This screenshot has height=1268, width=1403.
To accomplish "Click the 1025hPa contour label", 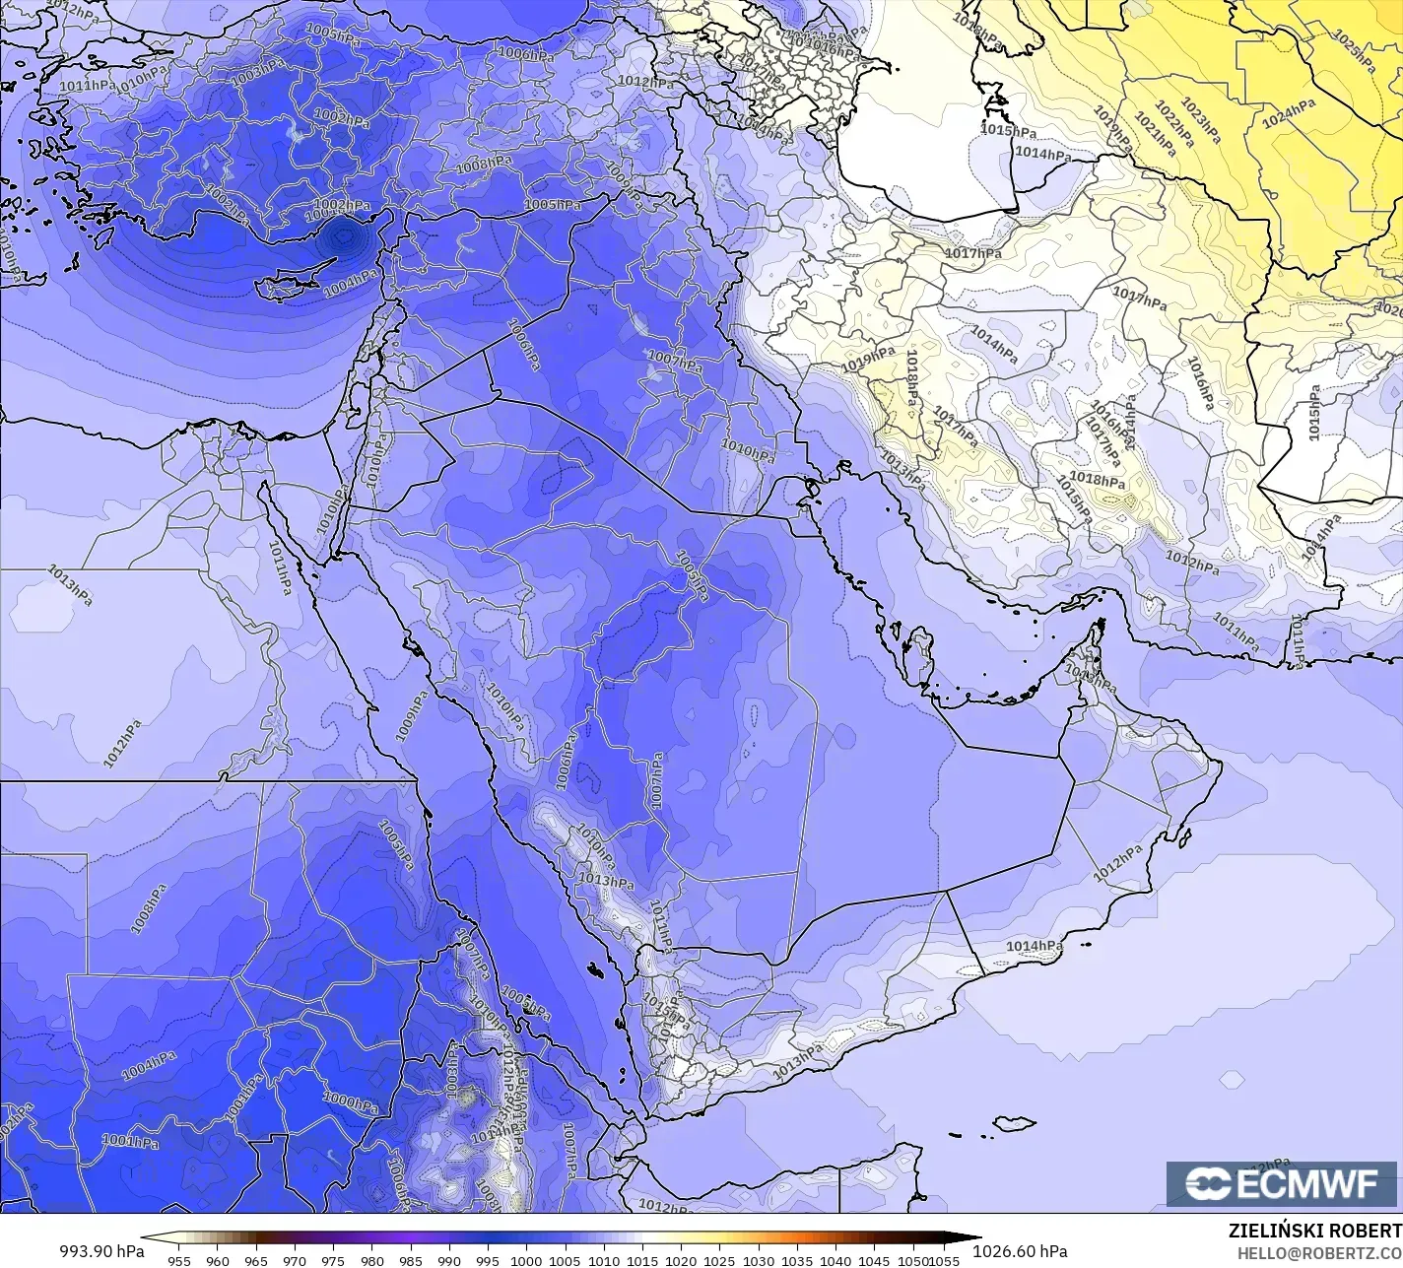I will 1355,50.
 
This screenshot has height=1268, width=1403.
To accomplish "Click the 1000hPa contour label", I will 351,1101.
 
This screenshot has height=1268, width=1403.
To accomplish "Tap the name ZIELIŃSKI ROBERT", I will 1314,1231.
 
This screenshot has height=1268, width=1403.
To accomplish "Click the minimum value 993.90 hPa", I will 101,1251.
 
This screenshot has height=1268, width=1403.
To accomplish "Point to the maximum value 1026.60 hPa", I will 1019,1251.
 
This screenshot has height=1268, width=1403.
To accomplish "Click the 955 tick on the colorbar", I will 178,1260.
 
